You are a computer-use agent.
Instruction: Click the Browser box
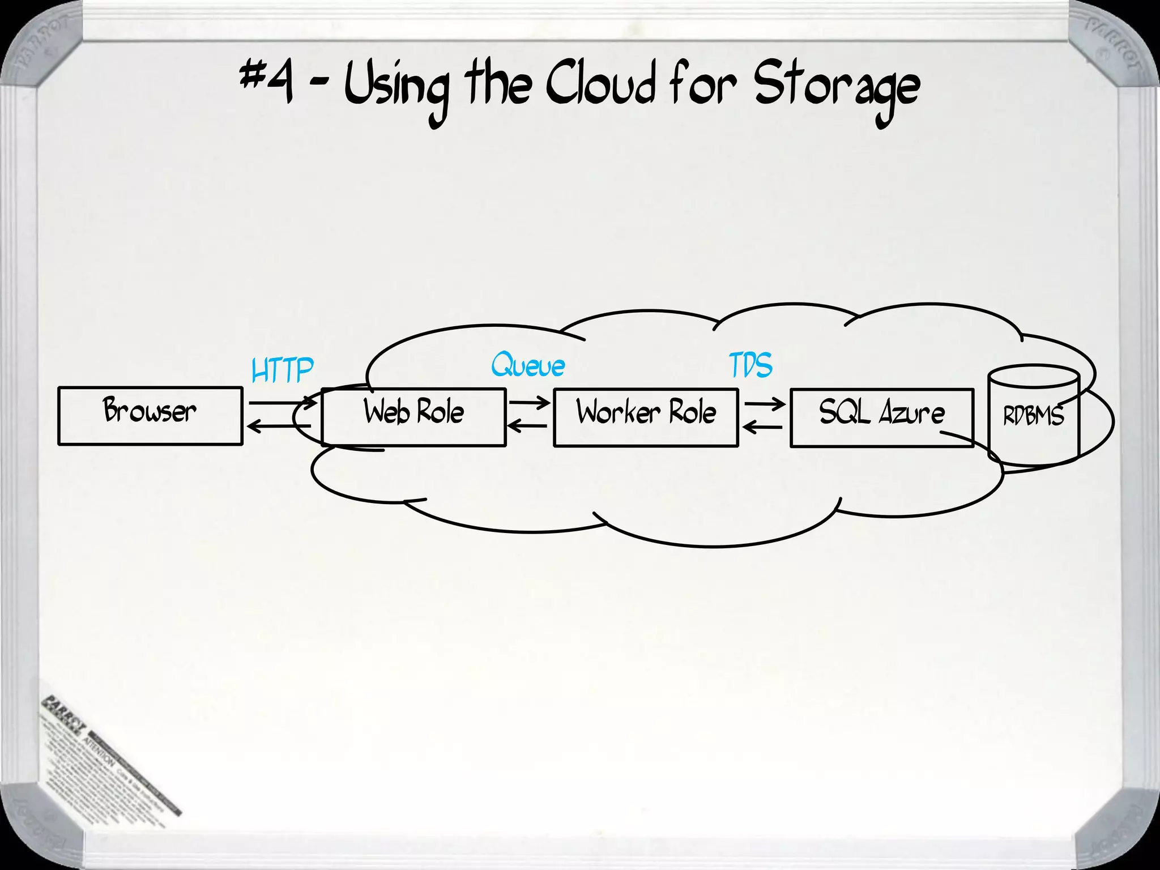(x=150, y=416)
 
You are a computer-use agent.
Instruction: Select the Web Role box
(x=413, y=417)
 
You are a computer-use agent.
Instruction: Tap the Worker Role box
(x=646, y=417)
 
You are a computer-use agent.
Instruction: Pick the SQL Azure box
(x=881, y=418)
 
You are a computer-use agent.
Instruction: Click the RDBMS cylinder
(x=1034, y=416)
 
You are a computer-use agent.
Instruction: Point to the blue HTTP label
(x=282, y=370)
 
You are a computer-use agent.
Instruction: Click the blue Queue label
(x=528, y=365)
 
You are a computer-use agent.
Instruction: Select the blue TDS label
(x=750, y=365)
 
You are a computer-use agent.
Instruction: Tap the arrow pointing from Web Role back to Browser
(x=279, y=426)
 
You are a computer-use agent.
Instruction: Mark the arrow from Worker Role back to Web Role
(x=527, y=425)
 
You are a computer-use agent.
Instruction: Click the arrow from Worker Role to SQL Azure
(x=765, y=404)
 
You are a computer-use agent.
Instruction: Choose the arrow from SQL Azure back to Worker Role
(x=762, y=427)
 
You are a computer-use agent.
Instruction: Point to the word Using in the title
(x=396, y=91)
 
